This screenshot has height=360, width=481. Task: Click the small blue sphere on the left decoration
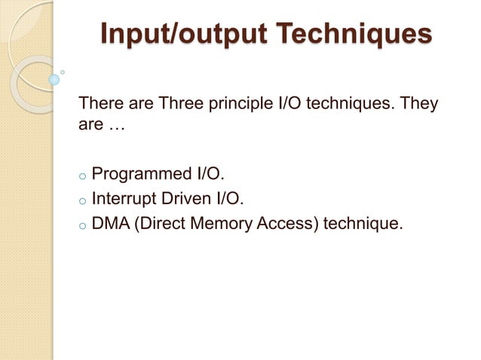click(x=54, y=79)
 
